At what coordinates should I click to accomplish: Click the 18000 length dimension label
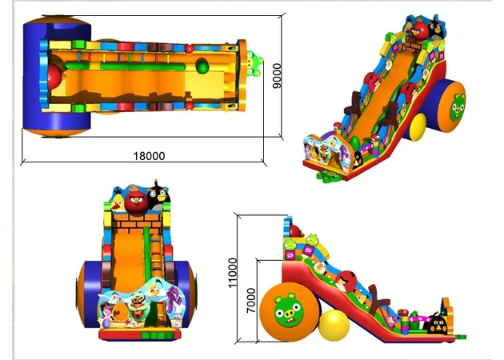coord(149,156)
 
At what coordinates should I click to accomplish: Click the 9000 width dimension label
coord(277,76)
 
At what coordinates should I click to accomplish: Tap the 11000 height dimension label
coord(232,273)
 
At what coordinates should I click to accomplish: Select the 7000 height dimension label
coord(251,301)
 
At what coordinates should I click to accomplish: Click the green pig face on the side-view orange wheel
coord(289,310)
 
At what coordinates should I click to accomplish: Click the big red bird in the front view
coord(137,202)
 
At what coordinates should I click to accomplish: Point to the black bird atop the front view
coord(158,194)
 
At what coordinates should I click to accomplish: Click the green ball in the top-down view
coord(202,66)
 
